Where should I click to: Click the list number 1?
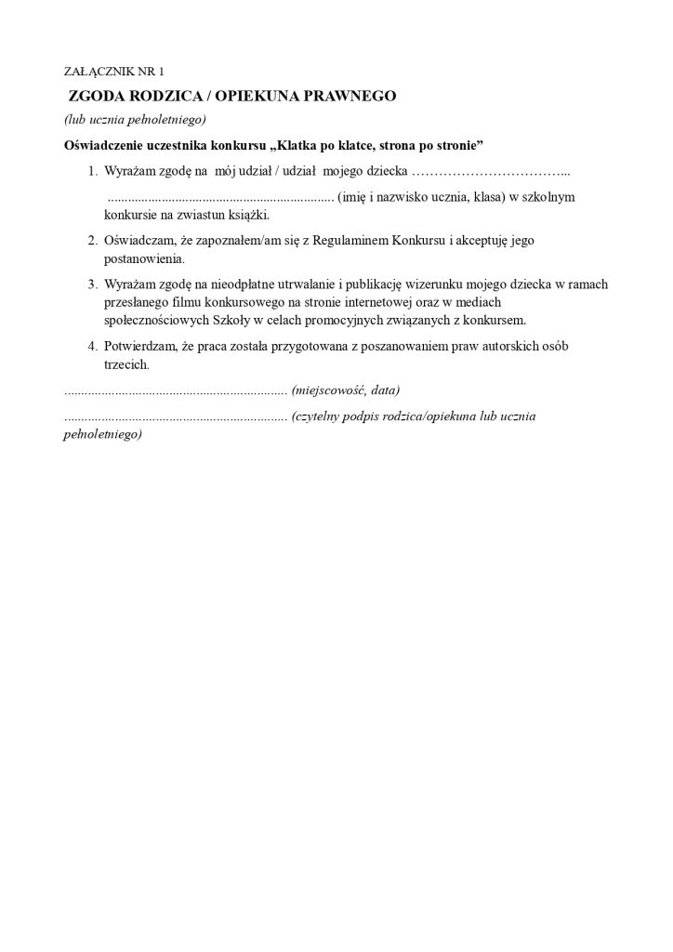click(x=92, y=172)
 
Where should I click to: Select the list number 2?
click(x=92, y=240)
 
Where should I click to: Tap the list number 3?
click(x=92, y=283)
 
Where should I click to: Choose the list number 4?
click(x=92, y=346)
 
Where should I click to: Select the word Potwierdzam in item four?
click(x=141, y=346)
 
